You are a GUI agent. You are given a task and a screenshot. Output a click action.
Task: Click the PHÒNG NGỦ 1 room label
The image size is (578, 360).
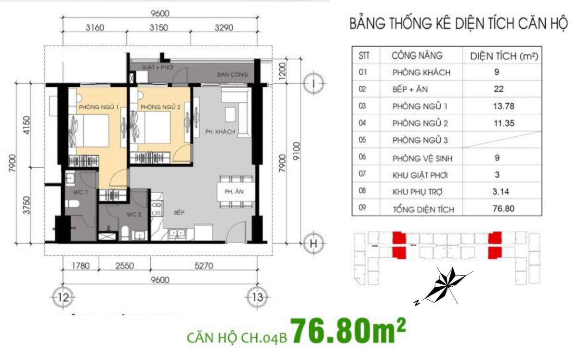[x=99, y=107]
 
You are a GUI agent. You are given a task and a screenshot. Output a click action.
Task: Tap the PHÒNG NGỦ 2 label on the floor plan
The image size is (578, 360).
[x=160, y=107]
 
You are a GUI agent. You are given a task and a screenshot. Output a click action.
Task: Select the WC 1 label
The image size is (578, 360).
[x=80, y=192]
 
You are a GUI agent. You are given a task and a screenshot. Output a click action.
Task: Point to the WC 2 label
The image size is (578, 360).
[x=134, y=214]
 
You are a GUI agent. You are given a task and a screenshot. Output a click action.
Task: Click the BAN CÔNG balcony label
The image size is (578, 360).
[x=232, y=75]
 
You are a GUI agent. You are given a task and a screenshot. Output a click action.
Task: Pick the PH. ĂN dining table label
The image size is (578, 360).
[x=234, y=192]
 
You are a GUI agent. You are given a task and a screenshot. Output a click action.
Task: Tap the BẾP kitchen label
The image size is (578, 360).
[x=179, y=213]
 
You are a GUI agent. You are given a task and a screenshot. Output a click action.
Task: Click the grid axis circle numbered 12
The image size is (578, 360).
[x=63, y=297]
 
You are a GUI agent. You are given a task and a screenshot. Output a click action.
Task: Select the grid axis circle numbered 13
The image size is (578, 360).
[x=257, y=297]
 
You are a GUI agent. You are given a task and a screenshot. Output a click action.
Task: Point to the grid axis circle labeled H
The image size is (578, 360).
[x=313, y=243]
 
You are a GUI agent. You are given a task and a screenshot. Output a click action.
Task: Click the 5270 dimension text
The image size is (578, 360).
[x=204, y=266]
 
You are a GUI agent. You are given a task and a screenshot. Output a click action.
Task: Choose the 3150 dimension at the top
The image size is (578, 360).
[x=158, y=27]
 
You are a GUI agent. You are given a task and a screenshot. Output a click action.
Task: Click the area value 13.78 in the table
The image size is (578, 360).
[x=504, y=106]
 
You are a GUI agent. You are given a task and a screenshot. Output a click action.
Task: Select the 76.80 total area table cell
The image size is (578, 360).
[x=503, y=208]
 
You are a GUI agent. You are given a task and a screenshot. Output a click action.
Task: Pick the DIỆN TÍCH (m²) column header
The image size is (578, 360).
[x=504, y=56]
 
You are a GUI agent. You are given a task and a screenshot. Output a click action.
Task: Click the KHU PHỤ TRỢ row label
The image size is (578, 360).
[x=417, y=192]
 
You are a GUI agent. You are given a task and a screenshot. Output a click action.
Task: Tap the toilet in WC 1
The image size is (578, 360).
[x=72, y=204]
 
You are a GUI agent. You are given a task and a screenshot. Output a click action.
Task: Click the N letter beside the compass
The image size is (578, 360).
[x=416, y=303]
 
